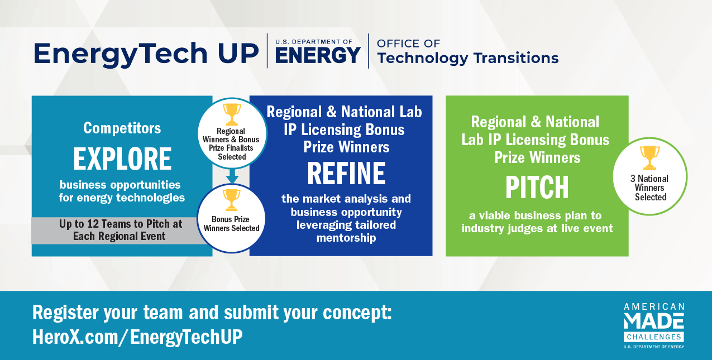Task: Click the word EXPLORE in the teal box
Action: pos(122,159)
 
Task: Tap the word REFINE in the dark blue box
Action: pos(346,173)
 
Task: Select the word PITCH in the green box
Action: pos(537,188)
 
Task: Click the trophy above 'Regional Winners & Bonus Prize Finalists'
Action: pos(232,114)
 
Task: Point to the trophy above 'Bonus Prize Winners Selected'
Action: pos(231,200)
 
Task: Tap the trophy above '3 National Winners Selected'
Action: pos(649,158)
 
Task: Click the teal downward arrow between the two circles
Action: pos(232,176)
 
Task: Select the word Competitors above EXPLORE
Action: pos(122,128)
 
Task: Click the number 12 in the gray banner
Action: pos(93,224)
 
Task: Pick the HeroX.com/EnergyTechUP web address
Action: pos(137,337)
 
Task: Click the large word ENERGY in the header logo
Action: pos(318,55)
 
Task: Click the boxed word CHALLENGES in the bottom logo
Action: pos(654,337)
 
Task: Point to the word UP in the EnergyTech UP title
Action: pos(238,53)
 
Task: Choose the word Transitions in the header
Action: pos(516,58)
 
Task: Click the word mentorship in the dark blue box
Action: pos(346,238)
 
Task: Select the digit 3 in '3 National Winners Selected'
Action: pos(633,179)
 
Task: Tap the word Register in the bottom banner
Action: pos(66,313)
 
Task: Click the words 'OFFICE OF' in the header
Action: pos(408,44)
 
